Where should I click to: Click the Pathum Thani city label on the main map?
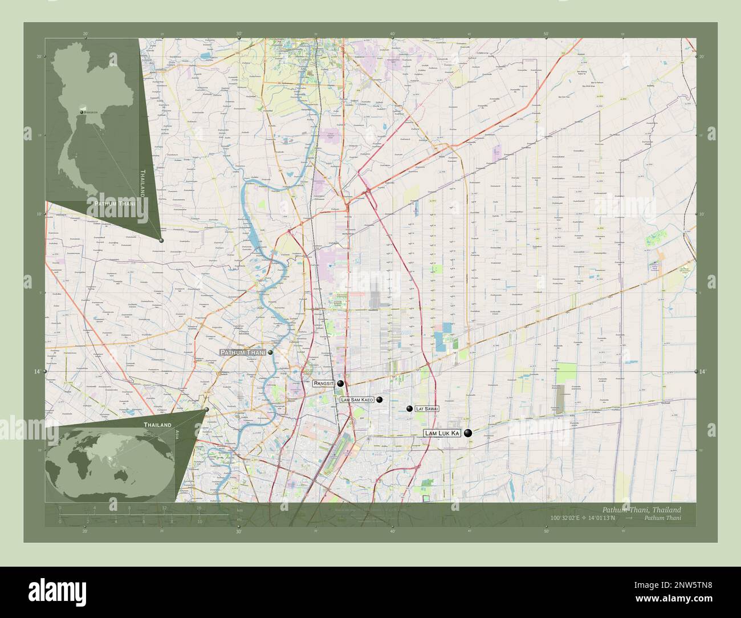tap(243, 353)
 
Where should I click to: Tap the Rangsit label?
tap(323, 384)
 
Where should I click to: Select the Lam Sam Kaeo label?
tap(357, 400)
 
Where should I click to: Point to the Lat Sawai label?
tap(427, 409)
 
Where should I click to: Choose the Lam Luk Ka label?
tap(442, 434)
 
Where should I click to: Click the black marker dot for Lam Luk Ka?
tap(468, 433)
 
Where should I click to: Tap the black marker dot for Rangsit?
tap(340, 384)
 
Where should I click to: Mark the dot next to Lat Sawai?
tap(409, 409)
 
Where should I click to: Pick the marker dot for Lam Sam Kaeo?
tap(379, 400)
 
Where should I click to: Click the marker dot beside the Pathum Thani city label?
tap(270, 352)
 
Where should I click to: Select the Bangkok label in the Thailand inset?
tap(91, 112)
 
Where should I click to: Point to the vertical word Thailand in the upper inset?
tap(142, 182)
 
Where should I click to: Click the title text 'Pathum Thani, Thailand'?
tap(641, 509)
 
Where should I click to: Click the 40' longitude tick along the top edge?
tap(392, 34)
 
